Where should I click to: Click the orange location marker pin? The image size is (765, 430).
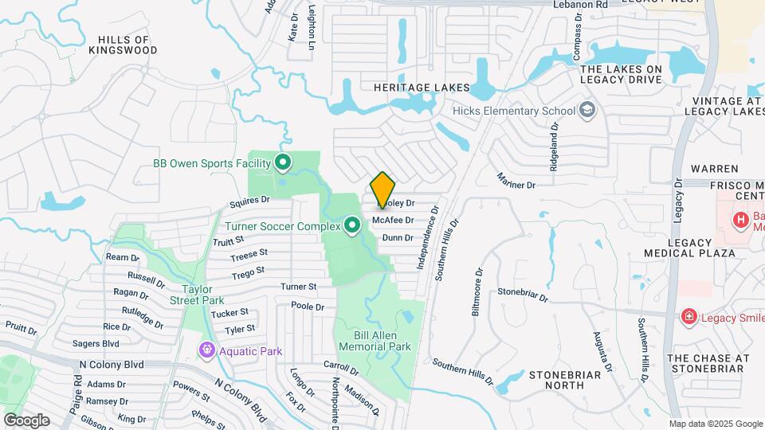pyautogui.click(x=383, y=190)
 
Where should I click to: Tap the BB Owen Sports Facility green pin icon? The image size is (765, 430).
pyautogui.click(x=282, y=164)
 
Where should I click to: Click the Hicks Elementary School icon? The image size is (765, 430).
pyautogui.click(x=588, y=111)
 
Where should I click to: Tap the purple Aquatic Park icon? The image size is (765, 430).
pyautogui.click(x=207, y=350)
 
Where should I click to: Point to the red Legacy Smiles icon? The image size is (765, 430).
pyautogui.click(x=688, y=318)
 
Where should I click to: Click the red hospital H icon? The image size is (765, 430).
pyautogui.click(x=740, y=219)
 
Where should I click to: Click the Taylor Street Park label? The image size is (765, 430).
pyautogui.click(x=196, y=295)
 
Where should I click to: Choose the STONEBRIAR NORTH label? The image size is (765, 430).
pyautogui.click(x=563, y=380)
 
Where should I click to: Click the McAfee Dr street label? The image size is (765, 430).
pyautogui.click(x=393, y=221)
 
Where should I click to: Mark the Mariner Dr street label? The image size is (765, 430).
pyautogui.click(x=515, y=181)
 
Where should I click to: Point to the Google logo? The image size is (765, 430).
pyautogui.click(x=26, y=420)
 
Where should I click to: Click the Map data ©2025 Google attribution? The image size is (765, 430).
pyautogui.click(x=715, y=424)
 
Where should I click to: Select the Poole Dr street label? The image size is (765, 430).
pyautogui.click(x=308, y=306)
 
